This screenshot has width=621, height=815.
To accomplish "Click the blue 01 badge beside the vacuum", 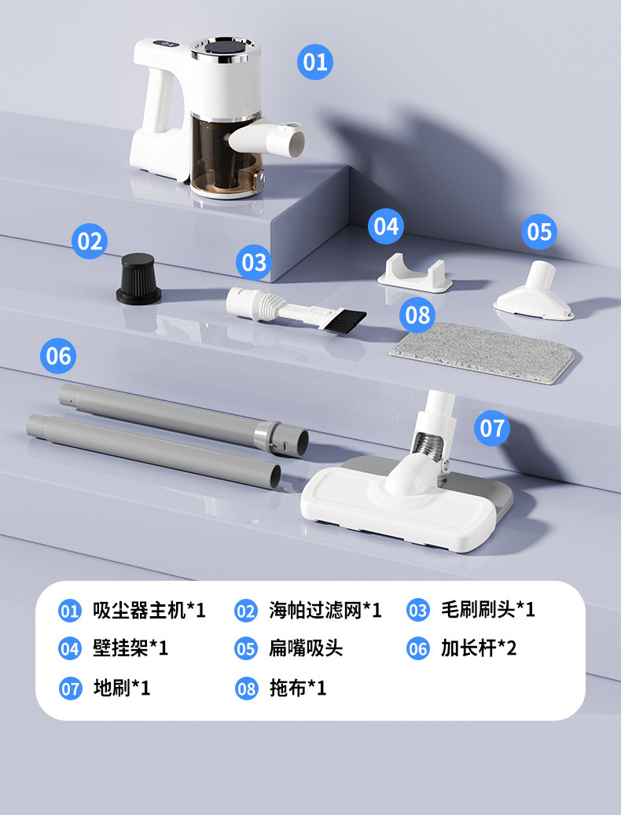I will tap(314, 61).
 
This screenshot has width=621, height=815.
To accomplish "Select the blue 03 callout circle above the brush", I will tap(253, 262).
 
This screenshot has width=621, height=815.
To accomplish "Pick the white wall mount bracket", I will tap(414, 273).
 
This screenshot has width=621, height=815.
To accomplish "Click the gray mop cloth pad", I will tap(481, 351).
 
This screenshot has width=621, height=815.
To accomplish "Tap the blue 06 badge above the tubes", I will tap(58, 356).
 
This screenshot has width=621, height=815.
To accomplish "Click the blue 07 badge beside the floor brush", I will tap(492, 428).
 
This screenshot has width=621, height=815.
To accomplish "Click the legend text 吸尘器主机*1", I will tap(149, 610).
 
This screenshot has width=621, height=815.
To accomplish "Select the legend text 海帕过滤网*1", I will tap(325, 610).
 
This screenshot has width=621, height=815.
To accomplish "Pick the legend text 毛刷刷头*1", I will tap(487, 610).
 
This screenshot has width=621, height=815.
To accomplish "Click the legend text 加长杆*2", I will tap(479, 649).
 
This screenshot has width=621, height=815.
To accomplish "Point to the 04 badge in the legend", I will tap(70, 649).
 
